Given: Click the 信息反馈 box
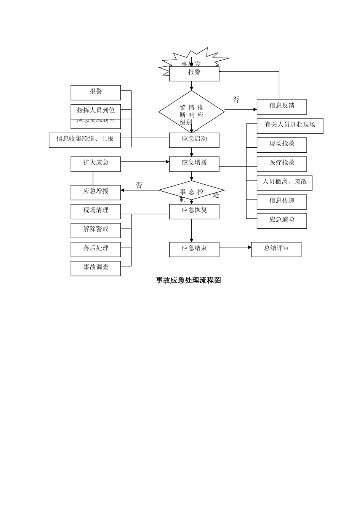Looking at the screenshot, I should pyautogui.click(x=282, y=107).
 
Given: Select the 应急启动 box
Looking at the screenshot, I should pyautogui.click(x=194, y=140).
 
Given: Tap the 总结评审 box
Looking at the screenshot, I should pyautogui.click(x=276, y=249).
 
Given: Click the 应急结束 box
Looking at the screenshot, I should pyautogui.click(x=194, y=249).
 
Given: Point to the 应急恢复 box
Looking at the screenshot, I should pyautogui.click(x=194, y=211).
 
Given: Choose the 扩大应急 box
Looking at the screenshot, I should pyautogui.click(x=96, y=164).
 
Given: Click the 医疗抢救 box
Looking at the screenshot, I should pyautogui.click(x=282, y=164).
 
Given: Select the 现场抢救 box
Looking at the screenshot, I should pyautogui.click(x=282, y=145).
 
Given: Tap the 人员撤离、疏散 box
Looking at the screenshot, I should pyautogui.click(x=284, y=183).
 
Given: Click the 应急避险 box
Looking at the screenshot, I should pyautogui.click(x=282, y=221).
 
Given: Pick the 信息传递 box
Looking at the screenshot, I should pyautogui.click(x=282, y=202).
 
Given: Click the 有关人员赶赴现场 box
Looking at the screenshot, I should pyautogui.click(x=290, y=126).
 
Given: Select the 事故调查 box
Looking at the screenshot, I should pyautogui.click(x=96, y=268).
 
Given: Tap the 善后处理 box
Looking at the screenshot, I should pyautogui.click(x=96, y=249).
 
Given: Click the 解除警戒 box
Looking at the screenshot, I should pyautogui.click(x=96, y=230).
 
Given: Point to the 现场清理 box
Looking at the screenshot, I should pyautogui.click(x=96, y=211).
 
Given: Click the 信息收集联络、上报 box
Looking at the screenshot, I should pyautogui.click(x=85, y=140).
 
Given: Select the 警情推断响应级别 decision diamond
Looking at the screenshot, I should pyautogui.click(x=191, y=111).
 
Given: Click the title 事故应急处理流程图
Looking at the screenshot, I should pyautogui.click(x=188, y=281).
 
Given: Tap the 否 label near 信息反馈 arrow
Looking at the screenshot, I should pyautogui.click(x=236, y=100).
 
